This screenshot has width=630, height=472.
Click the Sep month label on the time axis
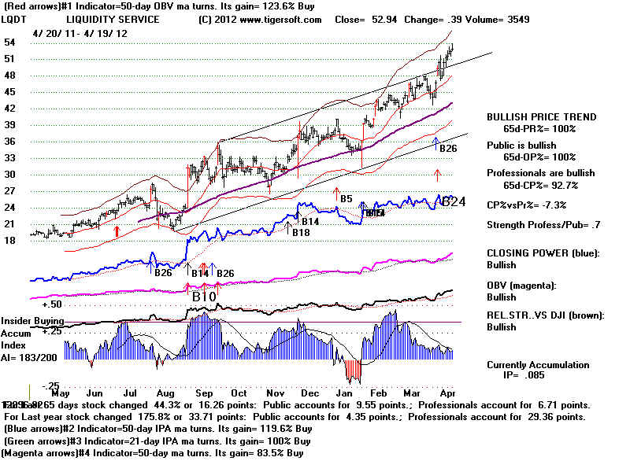point(203,393)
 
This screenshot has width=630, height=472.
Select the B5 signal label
point(346,199)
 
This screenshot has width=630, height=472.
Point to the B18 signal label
point(301,232)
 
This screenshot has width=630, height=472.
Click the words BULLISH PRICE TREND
point(541,116)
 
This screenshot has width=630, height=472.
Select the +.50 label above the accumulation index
point(52,304)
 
